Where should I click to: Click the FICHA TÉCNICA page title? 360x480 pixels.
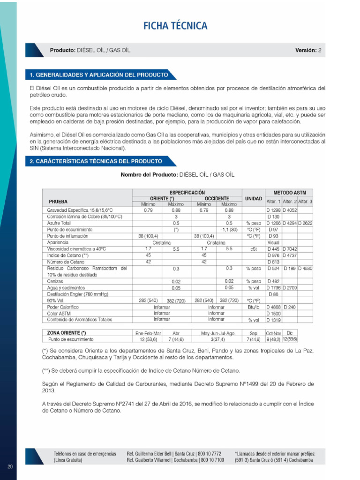(175, 26)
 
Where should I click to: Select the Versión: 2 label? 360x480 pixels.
(308, 50)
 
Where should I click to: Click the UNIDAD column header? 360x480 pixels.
(254, 198)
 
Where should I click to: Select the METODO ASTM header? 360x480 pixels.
(289, 192)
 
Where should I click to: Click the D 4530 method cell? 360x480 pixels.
(305, 268)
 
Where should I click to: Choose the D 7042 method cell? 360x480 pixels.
(290, 249)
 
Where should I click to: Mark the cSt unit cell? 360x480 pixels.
(254, 249)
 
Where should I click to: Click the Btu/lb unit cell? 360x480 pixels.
(254, 307)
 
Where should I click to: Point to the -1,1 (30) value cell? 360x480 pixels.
(229, 230)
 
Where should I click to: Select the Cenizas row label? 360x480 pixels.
(55, 281)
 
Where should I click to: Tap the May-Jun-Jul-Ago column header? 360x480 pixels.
(218, 333)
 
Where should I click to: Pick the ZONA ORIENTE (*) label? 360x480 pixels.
(67, 333)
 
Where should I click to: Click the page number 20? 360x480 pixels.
(10, 466)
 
